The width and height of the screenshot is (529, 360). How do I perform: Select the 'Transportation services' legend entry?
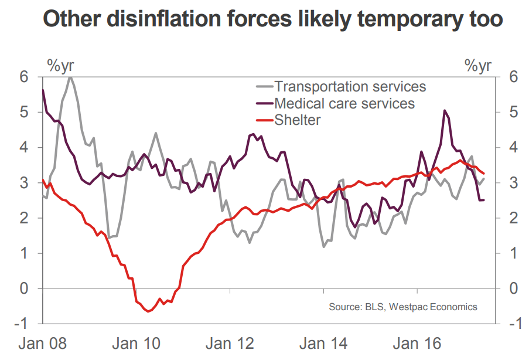pyautogui.click(x=350, y=87)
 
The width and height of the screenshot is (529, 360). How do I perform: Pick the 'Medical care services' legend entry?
pyautogui.click(x=344, y=104)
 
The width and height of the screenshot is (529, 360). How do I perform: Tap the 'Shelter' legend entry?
pyautogui.click(x=298, y=120)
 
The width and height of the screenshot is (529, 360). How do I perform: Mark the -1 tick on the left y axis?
pyautogui.click(x=22, y=324)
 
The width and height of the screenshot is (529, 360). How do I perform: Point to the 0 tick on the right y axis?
pyautogui.click(x=514, y=288)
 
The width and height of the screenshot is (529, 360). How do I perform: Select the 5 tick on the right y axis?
pyautogui.click(x=514, y=112)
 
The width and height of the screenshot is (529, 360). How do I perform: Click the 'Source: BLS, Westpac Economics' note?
pyautogui.click(x=403, y=307)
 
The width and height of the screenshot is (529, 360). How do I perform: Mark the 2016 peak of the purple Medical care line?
pyautogui.click(x=445, y=110)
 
